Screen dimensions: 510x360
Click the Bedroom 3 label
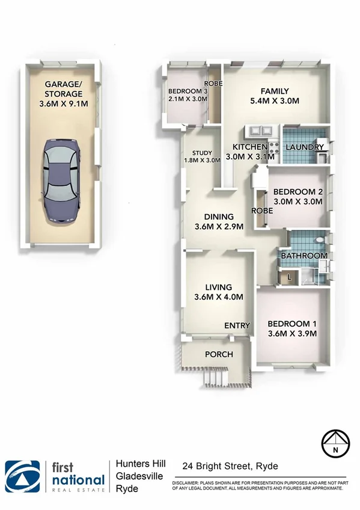187,91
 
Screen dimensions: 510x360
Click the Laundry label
305,147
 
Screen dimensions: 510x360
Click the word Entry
237,325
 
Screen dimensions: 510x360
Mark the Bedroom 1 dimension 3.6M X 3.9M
291,334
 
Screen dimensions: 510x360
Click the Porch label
219,354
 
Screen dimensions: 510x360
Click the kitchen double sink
260,129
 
